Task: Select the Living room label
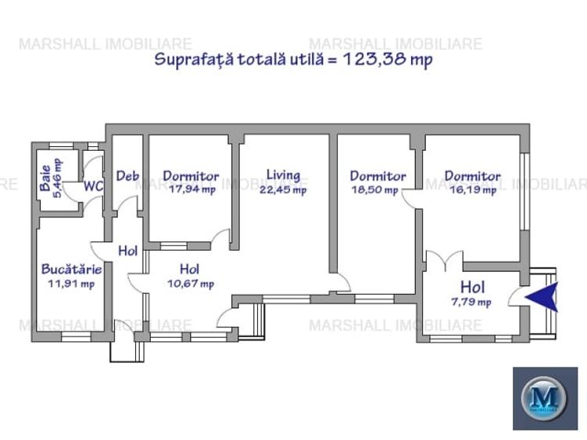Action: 282,175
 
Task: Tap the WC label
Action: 94,186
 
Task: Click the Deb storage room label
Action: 127,176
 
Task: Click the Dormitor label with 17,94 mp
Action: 191,177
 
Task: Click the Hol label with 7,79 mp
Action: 473,287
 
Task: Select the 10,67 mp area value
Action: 191,284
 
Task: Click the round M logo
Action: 545,399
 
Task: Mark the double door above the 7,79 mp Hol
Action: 444,259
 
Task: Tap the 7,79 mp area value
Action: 471,302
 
